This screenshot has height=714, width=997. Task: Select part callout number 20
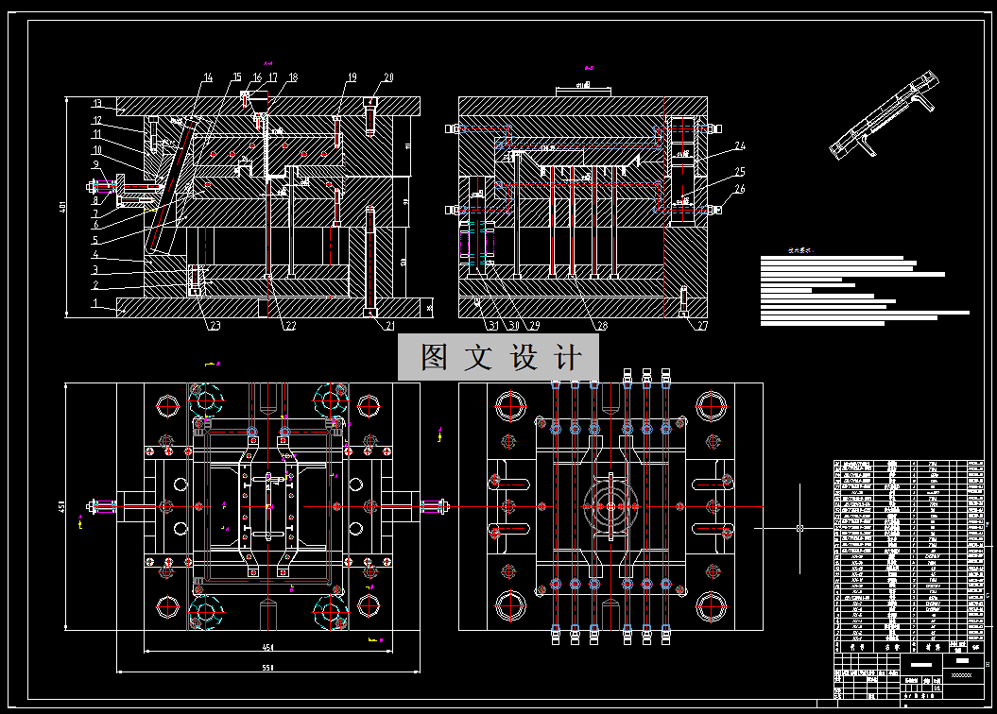pyautogui.click(x=388, y=77)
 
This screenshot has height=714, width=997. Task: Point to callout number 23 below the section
pyautogui.click(x=215, y=327)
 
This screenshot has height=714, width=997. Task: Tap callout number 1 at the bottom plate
pyautogui.click(x=95, y=302)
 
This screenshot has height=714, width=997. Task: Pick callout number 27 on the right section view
pyautogui.click(x=701, y=327)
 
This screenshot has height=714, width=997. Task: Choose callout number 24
pyautogui.click(x=740, y=146)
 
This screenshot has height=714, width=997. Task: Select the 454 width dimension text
pyautogui.click(x=267, y=648)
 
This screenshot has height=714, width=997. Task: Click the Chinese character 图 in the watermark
pyautogui.click(x=435, y=357)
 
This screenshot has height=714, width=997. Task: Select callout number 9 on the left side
pyautogui.click(x=95, y=164)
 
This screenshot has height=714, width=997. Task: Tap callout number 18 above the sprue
pyautogui.click(x=293, y=77)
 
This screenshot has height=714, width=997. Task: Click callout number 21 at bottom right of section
pyautogui.click(x=388, y=327)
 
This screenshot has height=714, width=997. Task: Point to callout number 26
pyautogui.click(x=740, y=190)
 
